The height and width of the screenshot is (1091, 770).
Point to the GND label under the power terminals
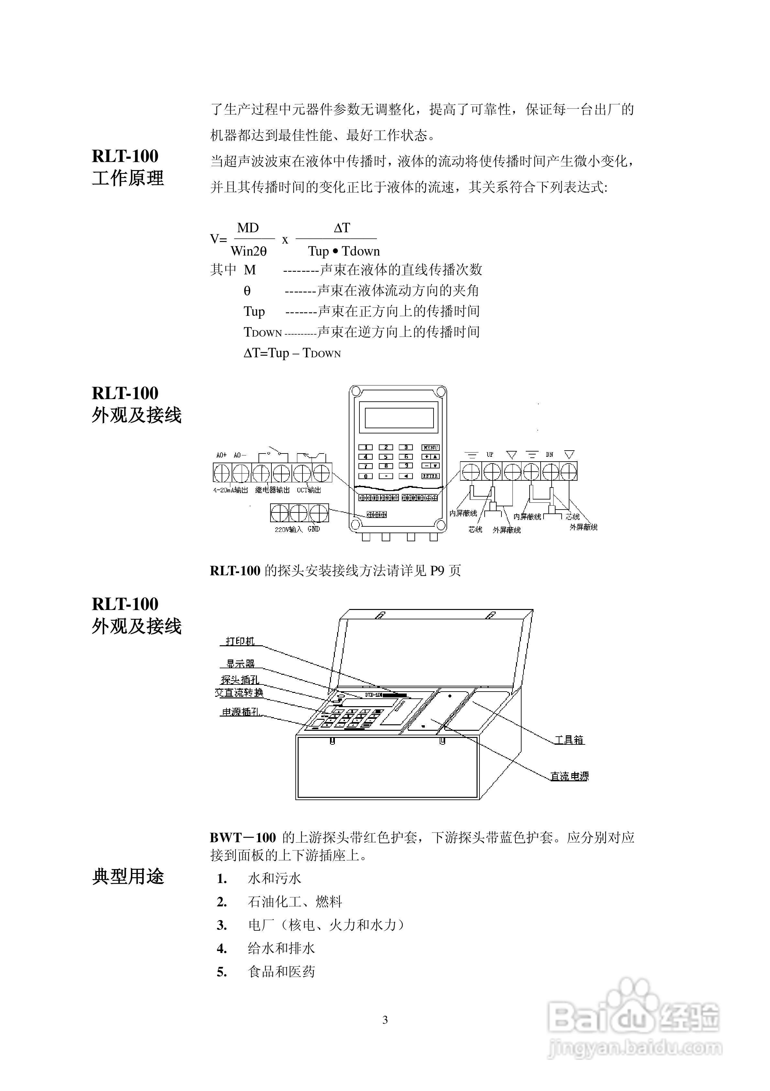click(314, 529)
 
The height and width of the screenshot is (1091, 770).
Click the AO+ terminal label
click(221, 455)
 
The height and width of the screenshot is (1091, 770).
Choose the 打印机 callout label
click(240, 641)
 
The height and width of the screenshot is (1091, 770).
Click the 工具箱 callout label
click(569, 740)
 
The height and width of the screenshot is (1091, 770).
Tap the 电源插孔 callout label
click(241, 712)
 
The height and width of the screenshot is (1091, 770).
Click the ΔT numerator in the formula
click(342, 228)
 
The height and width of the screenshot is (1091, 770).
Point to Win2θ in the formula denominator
click(249, 251)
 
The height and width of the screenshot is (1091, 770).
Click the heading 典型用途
click(128, 876)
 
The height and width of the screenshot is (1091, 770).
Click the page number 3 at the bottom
click(385, 1020)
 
